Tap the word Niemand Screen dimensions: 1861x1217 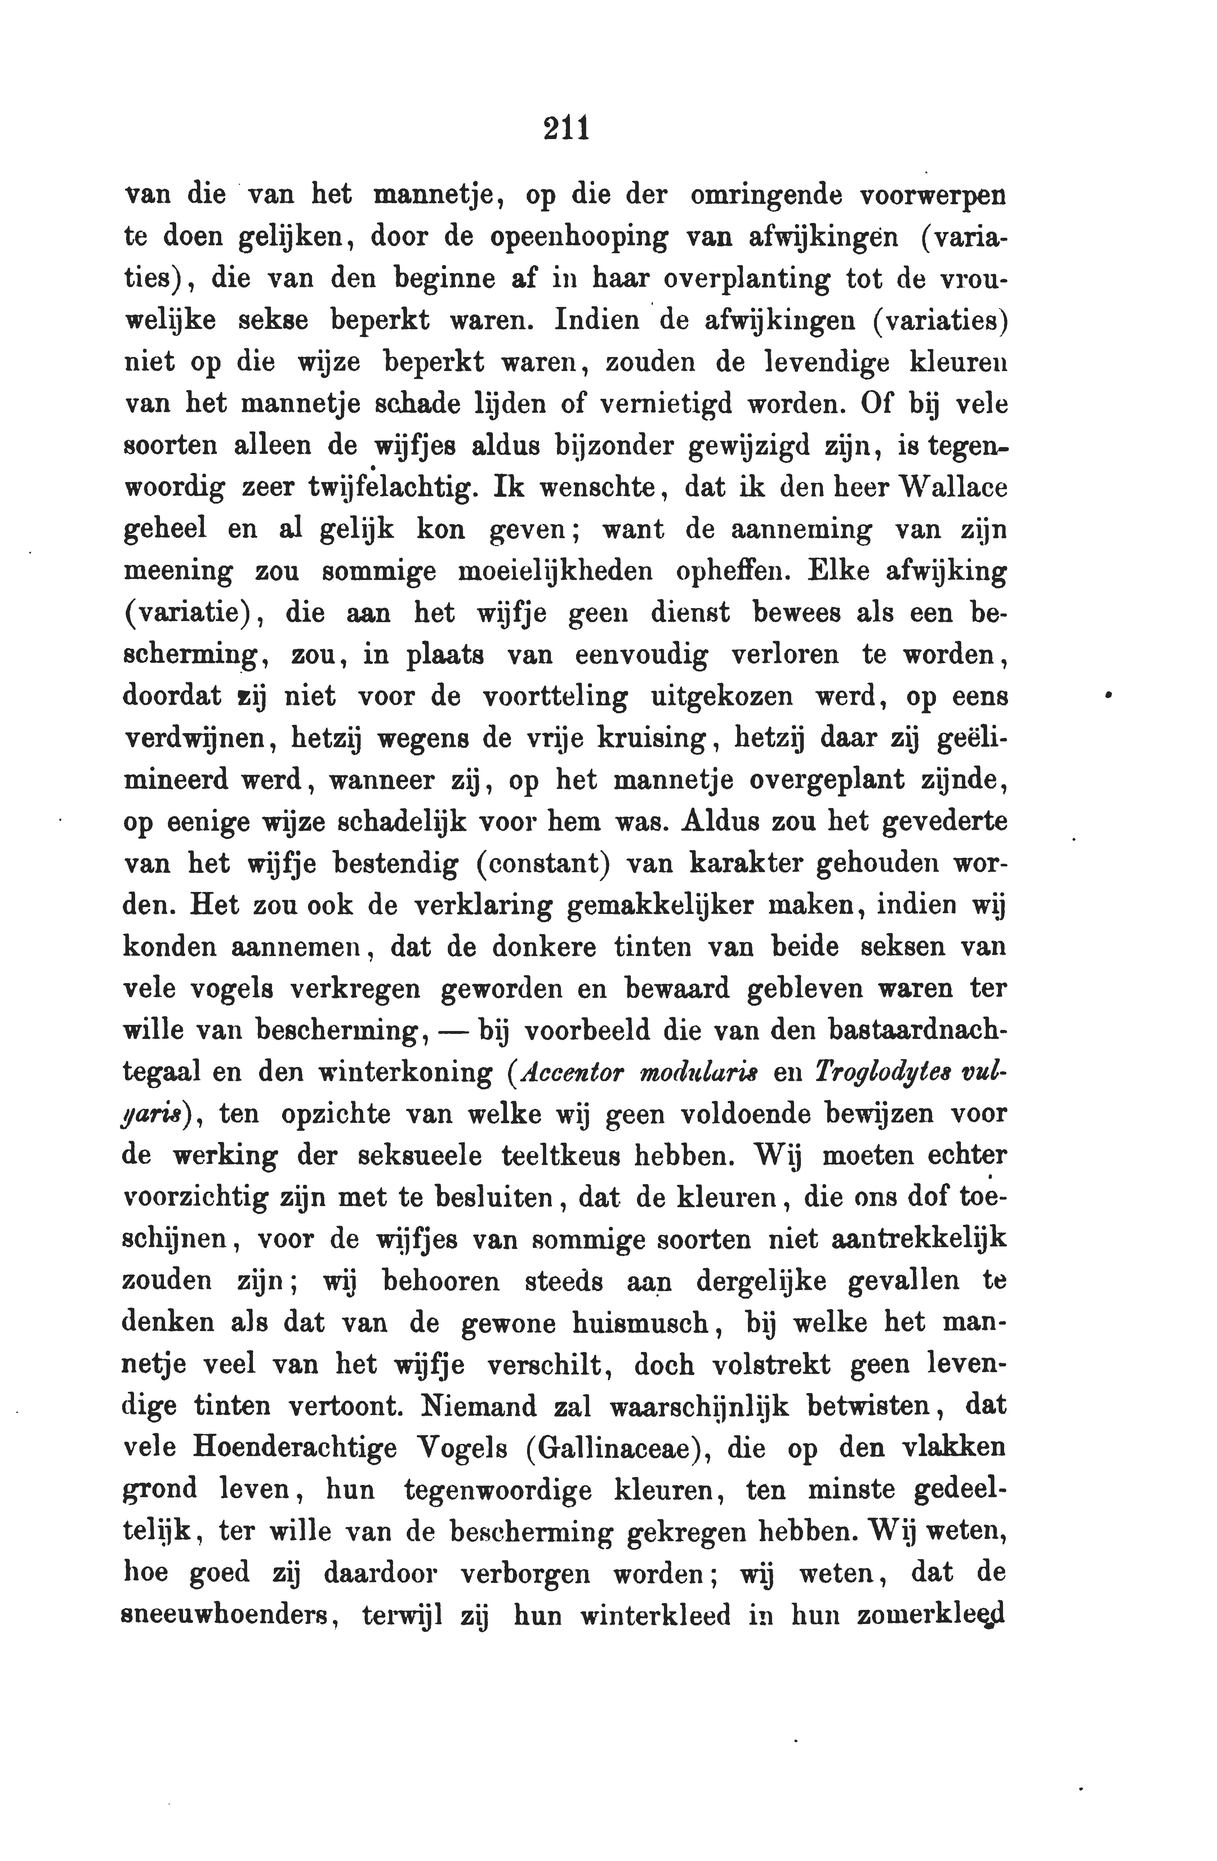[x=477, y=1406]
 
